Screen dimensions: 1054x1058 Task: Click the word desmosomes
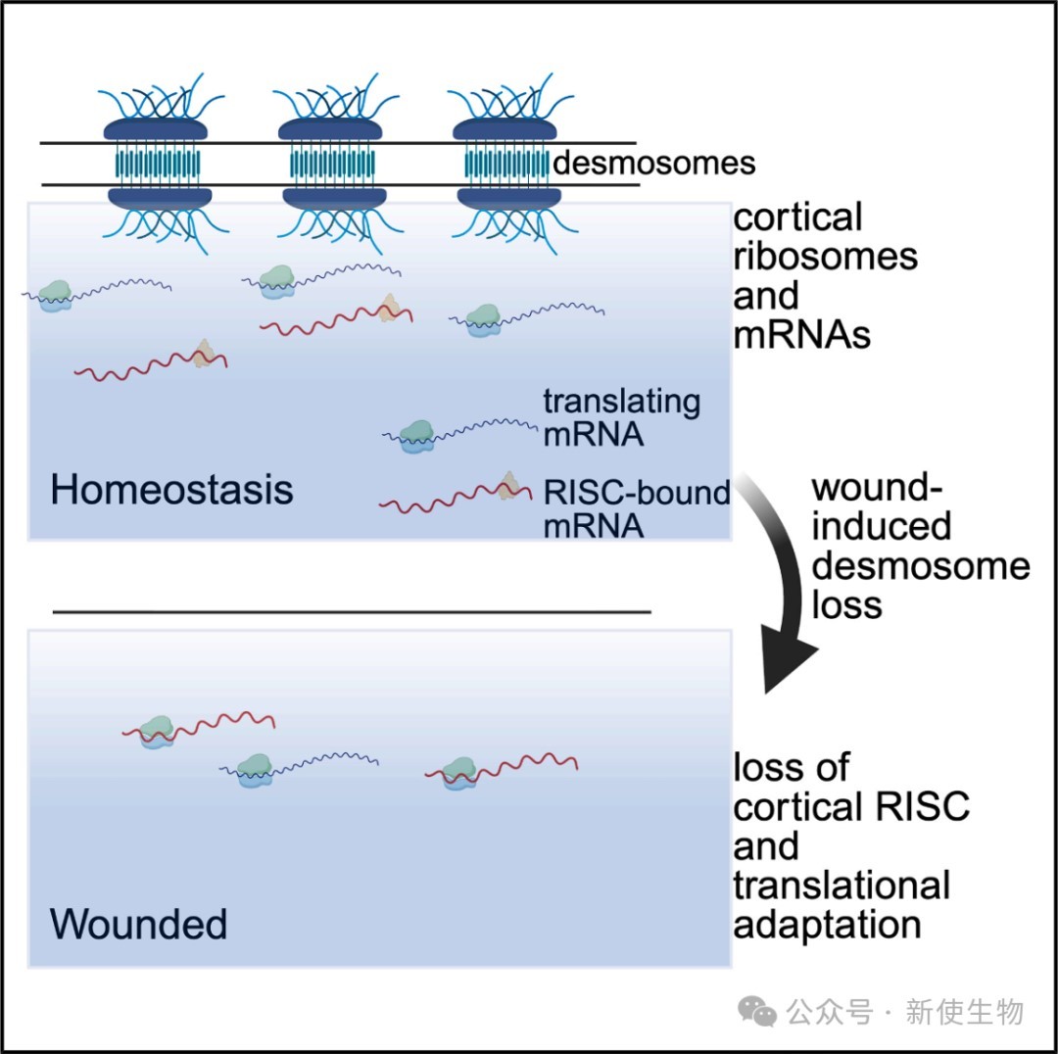(653, 163)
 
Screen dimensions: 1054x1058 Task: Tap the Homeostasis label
(171, 489)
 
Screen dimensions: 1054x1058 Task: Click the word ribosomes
(825, 256)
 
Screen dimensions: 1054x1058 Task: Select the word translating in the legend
(622, 402)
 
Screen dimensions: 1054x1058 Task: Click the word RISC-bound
(637, 492)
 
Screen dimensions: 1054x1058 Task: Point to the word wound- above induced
(871, 487)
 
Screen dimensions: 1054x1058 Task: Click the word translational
(842, 886)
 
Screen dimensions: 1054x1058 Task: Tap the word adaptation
(827, 925)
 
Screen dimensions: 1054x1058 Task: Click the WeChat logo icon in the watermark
(758, 1011)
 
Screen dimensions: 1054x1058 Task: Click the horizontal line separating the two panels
(352, 612)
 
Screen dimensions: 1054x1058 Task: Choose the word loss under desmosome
(847, 604)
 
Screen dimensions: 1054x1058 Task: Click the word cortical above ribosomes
(798, 216)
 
